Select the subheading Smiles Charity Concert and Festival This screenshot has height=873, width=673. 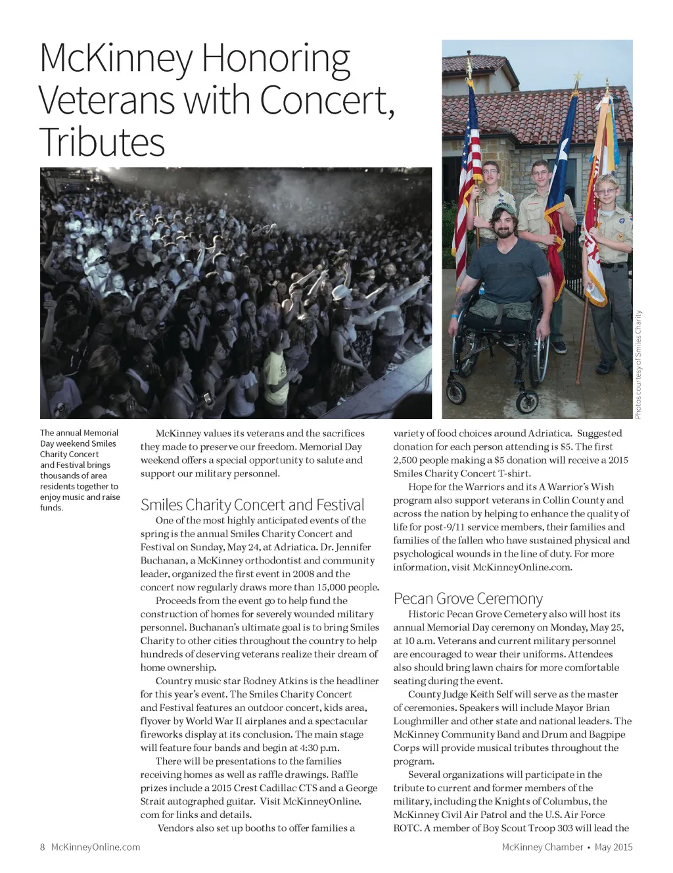[252, 504]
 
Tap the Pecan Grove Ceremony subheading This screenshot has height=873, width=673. [468, 598]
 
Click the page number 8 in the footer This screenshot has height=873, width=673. [43, 847]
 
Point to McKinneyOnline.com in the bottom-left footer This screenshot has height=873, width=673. [95, 847]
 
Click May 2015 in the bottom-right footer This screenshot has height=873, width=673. [613, 847]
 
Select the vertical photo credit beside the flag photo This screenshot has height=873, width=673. [638, 364]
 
